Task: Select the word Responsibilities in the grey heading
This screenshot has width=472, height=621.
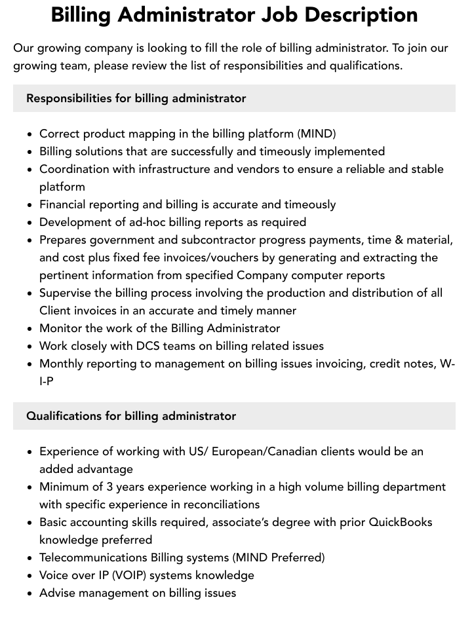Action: coord(69,98)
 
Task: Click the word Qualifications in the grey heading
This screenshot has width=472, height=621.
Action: coord(64,416)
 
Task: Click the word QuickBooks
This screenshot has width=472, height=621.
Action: coord(401,522)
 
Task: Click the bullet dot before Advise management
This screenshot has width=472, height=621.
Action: coord(30,593)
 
